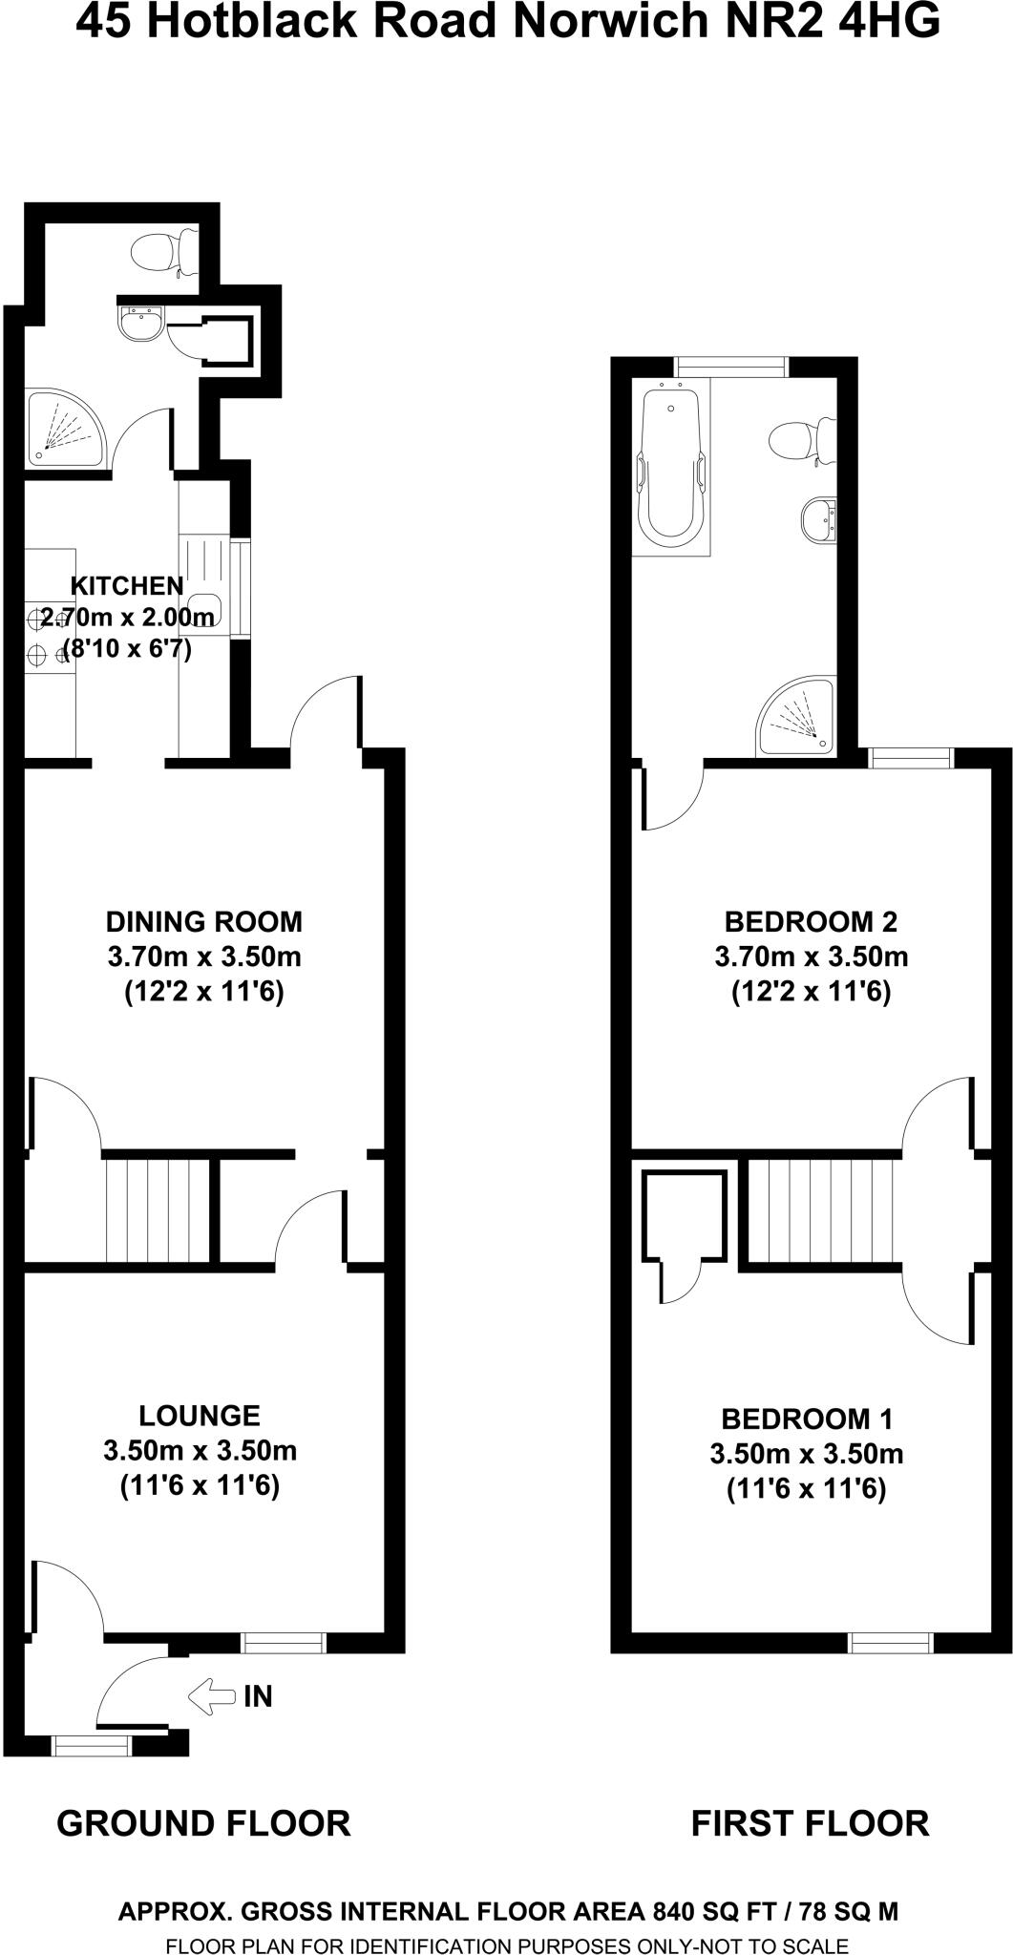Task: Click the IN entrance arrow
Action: [212, 1695]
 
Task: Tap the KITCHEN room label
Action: [127, 585]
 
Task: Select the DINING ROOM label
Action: [203, 921]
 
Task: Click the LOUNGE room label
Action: [199, 1416]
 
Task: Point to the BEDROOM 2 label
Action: [811, 921]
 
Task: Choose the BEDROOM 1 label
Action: [807, 1419]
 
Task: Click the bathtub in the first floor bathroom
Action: [672, 468]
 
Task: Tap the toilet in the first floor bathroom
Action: [800, 440]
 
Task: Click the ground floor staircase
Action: [157, 1209]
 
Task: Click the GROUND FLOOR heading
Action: [203, 1823]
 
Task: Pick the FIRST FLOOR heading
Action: [810, 1823]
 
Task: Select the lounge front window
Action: [283, 1642]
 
